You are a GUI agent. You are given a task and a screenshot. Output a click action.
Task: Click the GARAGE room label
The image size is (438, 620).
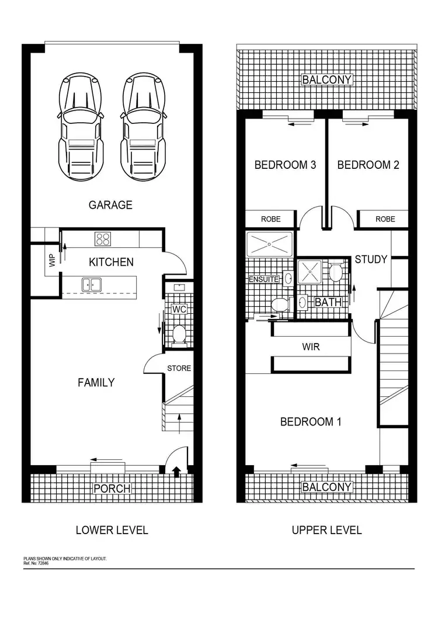[x=110, y=205]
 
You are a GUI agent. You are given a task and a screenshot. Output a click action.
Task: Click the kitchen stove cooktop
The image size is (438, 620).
[x=103, y=238]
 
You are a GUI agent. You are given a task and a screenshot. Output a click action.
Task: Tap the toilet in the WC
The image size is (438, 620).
[x=179, y=334]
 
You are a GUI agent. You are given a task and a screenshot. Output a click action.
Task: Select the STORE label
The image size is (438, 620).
[x=179, y=368]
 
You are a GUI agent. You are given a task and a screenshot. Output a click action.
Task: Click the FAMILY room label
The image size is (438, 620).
[x=96, y=383]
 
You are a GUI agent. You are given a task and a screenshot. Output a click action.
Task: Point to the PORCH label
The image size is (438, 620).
[x=112, y=488]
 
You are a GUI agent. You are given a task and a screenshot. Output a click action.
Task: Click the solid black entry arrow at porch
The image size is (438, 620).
[x=176, y=471]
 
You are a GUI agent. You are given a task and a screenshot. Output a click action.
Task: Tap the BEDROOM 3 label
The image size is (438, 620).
[x=285, y=165]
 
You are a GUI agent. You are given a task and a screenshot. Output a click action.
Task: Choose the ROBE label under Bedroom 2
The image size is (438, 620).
[x=385, y=219]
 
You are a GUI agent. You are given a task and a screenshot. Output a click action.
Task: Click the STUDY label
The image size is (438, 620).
[x=371, y=259]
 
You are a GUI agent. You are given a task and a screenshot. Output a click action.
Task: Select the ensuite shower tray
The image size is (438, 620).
[x=270, y=244]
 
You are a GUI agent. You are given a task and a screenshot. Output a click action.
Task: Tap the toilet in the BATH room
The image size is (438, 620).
[x=335, y=272]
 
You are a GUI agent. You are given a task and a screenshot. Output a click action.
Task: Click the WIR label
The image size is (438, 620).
[x=311, y=347]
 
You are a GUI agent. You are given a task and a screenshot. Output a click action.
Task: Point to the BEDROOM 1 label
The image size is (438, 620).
[x=311, y=422]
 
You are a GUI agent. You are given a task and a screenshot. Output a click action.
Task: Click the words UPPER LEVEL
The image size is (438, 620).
[x=326, y=530]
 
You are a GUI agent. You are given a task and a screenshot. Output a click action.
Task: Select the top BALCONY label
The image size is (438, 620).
[x=327, y=79]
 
